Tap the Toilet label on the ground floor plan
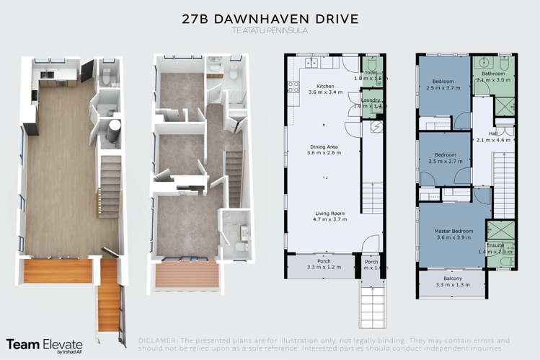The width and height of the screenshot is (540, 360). coord(371,74)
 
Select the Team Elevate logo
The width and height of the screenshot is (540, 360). coord(44,346)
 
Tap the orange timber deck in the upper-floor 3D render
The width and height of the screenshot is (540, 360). coord(187,276)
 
